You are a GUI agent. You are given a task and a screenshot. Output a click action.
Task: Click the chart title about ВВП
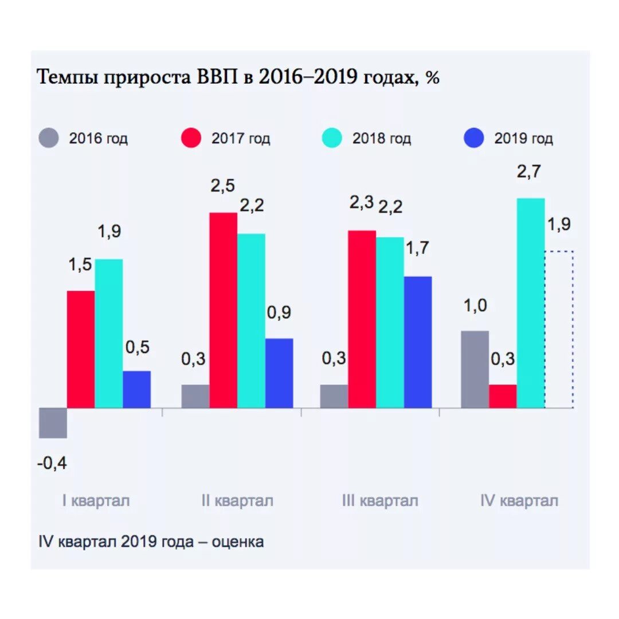coord(238,77)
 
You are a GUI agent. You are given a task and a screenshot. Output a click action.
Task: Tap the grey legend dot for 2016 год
coord(49,139)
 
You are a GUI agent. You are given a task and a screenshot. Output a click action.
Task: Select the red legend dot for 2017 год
coord(191,139)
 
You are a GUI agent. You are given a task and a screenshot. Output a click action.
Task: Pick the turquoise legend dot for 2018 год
coord(332,139)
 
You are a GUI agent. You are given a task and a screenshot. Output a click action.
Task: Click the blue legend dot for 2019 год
coord(474,139)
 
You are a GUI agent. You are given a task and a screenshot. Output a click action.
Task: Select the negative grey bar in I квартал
coord(53,423)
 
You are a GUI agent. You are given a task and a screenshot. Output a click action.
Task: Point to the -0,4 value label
coord(53,463)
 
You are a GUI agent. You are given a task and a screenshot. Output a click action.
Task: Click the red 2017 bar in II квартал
coord(223,310)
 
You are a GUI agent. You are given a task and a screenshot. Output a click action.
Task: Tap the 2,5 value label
coord(222,186)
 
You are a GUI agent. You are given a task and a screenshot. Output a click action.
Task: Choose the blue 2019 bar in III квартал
coord(418,342)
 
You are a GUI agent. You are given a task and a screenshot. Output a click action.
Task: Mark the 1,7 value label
coord(417,248)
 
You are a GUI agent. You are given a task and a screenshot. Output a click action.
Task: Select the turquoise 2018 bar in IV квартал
coord(530,303)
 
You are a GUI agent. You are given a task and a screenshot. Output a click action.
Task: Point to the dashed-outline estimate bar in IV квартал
coord(559,330)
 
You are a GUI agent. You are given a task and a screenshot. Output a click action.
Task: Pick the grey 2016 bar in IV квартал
coord(475,369)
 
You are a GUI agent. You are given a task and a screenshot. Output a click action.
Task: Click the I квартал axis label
coord(96,501)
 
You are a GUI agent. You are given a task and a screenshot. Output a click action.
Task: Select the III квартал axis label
coord(380,501)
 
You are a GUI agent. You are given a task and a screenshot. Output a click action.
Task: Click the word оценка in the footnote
coord(238,542)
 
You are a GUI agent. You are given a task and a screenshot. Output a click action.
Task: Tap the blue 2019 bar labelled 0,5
coord(137,389)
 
